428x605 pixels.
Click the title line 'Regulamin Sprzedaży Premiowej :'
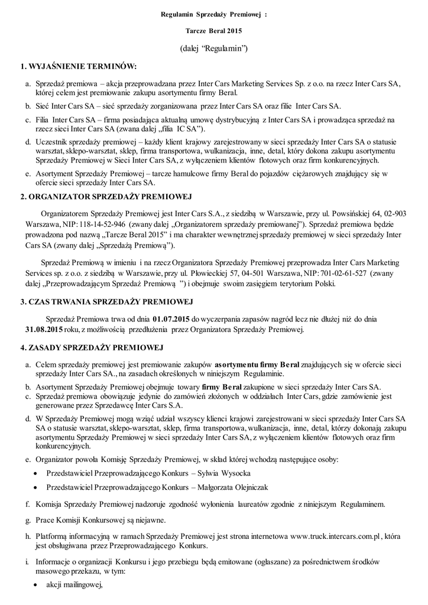click(214, 12)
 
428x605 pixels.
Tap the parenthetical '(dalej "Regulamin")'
click(213, 47)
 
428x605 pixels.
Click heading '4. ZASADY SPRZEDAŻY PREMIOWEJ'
click(87, 347)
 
